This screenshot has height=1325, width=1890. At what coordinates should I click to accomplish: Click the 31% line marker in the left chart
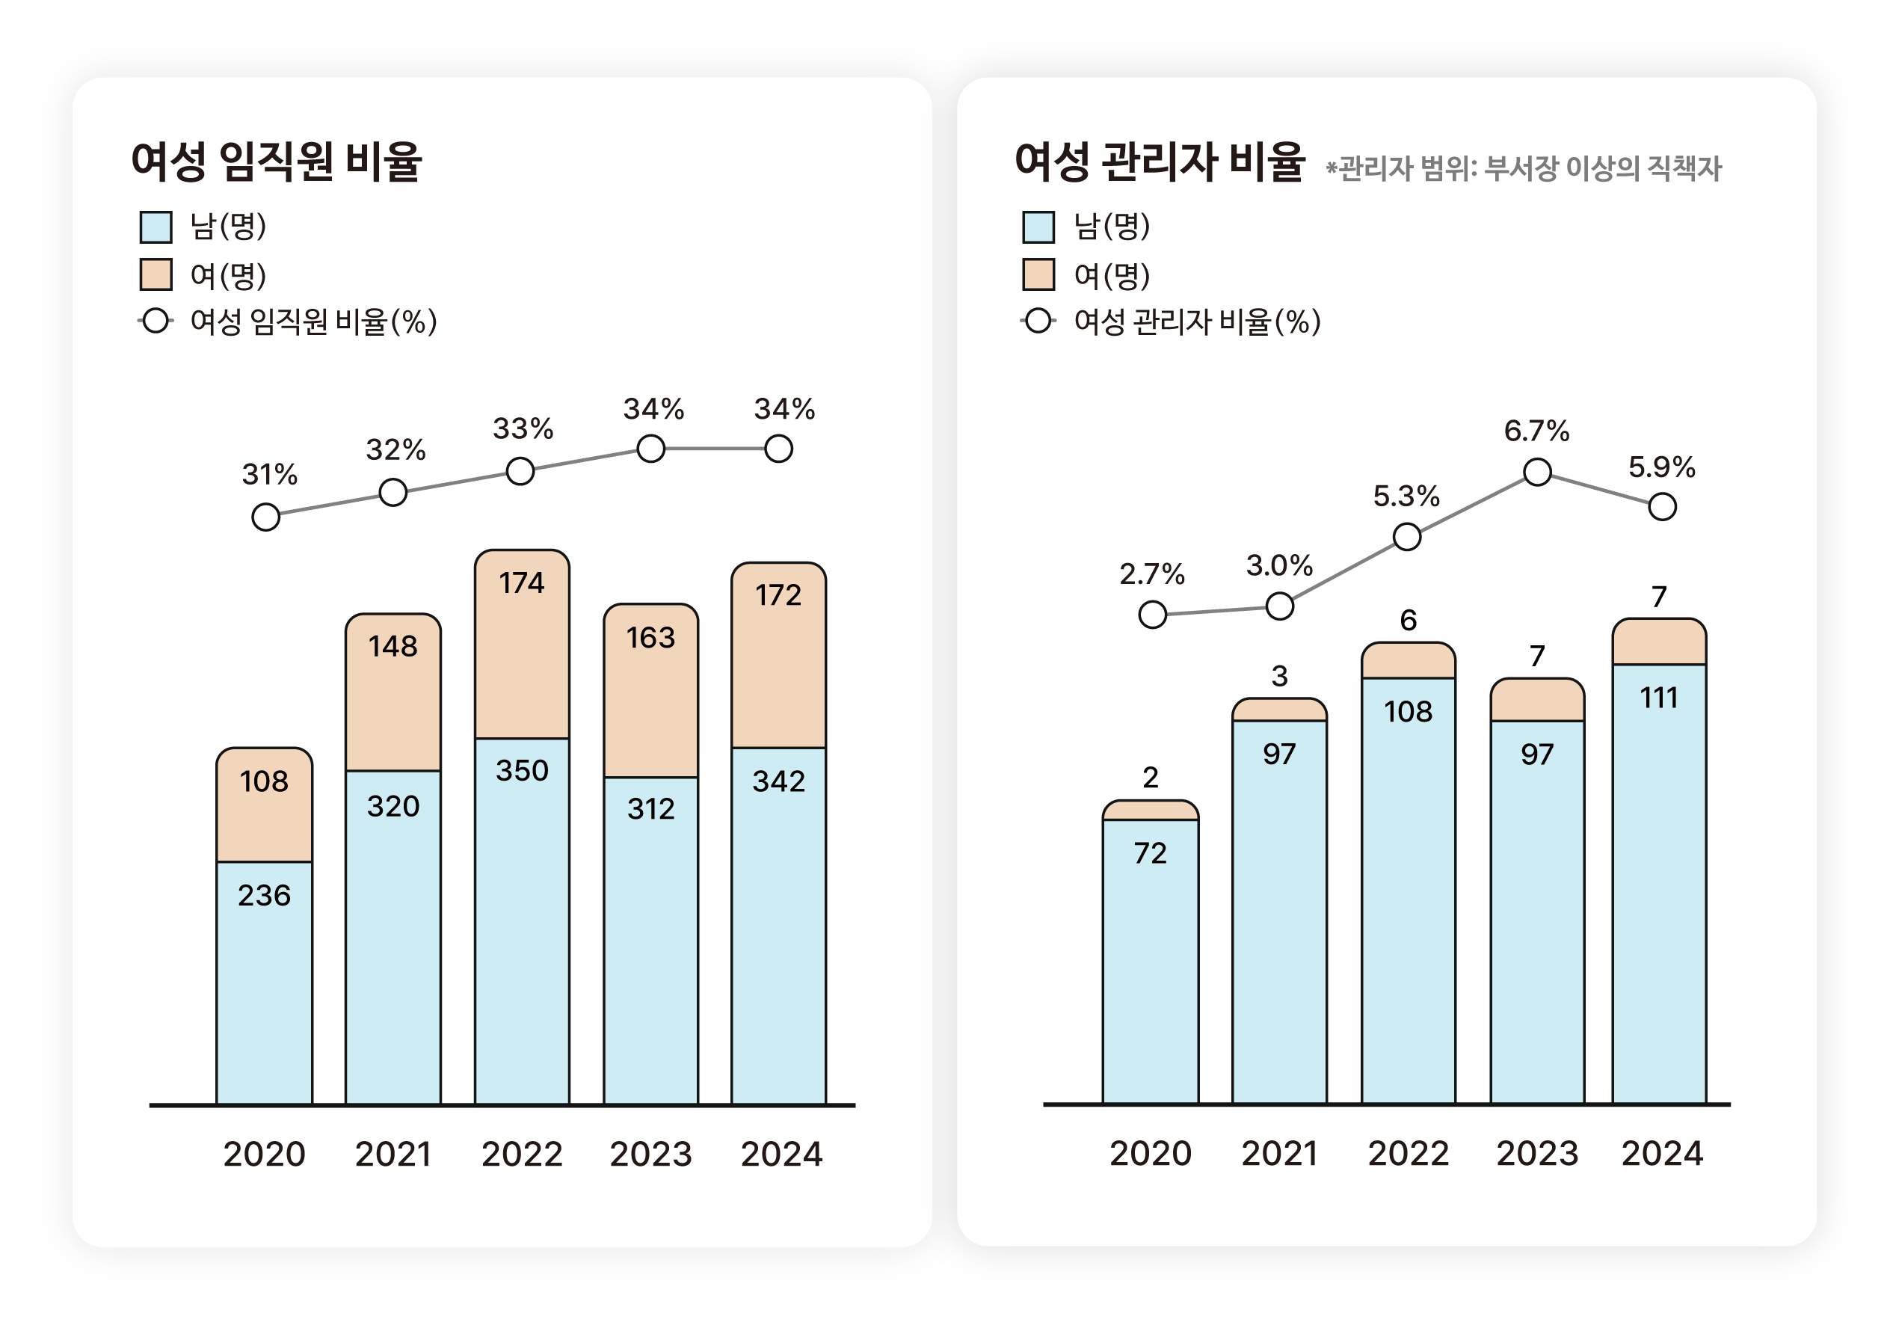tap(266, 517)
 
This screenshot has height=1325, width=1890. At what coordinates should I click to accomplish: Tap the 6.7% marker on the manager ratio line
tap(1537, 472)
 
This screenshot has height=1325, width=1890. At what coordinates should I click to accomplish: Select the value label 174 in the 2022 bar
tap(521, 583)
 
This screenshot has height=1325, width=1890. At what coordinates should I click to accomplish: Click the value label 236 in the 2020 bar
tap(264, 895)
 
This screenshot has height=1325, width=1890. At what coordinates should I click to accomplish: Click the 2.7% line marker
tap(1152, 615)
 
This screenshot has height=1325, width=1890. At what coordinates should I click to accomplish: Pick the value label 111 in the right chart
tap(1659, 698)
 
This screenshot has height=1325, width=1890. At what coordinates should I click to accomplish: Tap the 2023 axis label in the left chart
tap(650, 1154)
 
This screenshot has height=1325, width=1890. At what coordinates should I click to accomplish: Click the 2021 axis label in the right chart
tap(1279, 1153)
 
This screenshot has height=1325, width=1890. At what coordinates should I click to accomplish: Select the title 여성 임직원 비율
tap(277, 162)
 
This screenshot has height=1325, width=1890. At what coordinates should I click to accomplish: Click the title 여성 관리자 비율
tap(1160, 162)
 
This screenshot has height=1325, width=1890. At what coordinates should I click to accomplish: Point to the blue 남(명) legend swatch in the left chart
tap(156, 227)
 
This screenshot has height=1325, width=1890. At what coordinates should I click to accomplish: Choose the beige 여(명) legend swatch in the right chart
tap(1038, 275)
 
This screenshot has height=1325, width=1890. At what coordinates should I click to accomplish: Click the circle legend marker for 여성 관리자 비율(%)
tap(1038, 322)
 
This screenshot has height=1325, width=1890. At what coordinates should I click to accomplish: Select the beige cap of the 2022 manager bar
tap(1408, 661)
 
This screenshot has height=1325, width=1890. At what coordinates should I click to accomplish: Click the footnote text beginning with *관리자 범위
tap(1523, 169)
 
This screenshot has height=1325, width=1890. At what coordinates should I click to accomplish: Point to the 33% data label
tap(523, 428)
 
